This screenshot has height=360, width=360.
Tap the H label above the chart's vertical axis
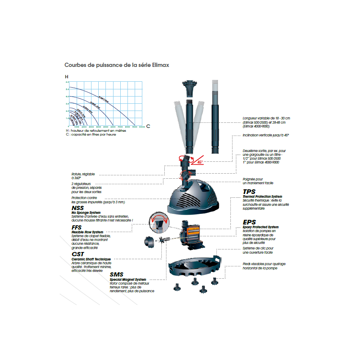click(66, 77)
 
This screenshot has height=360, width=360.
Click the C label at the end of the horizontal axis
click(148, 127)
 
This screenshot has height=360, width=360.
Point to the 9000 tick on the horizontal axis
click(135, 127)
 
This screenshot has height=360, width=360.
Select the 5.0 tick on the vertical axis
click(67, 89)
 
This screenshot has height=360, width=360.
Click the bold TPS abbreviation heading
click(249, 192)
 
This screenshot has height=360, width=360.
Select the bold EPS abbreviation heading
click(249, 222)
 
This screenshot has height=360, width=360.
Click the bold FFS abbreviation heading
click(77, 227)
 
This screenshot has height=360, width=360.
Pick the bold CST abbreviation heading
click(78, 254)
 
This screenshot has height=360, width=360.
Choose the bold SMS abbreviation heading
click(116, 274)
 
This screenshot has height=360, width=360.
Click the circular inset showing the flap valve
click(158, 223)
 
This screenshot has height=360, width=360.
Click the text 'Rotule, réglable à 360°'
click(83, 176)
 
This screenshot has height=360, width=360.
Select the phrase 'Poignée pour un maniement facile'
click(258, 181)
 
